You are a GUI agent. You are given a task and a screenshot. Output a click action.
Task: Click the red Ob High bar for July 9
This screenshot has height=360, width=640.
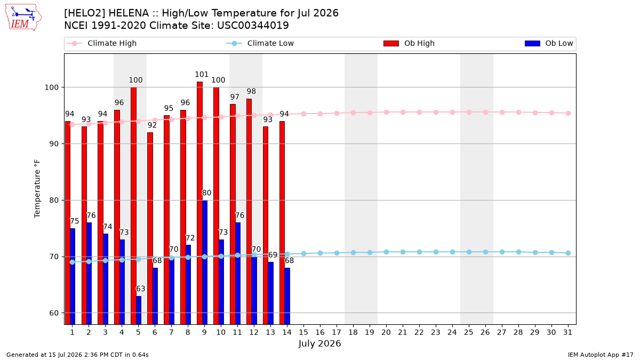[199, 203]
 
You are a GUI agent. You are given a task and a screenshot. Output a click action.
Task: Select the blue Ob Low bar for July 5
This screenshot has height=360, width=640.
[139, 310]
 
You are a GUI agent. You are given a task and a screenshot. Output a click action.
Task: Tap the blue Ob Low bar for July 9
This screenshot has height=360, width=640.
[205, 262]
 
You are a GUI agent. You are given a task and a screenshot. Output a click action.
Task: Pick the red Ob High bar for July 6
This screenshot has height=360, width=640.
[150, 228]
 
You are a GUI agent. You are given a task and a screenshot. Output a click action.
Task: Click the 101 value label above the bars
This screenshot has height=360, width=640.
[202, 75]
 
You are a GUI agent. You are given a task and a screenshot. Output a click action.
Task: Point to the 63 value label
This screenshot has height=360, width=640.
[141, 289]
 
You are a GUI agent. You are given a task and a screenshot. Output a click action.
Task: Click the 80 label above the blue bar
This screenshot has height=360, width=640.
[206, 193]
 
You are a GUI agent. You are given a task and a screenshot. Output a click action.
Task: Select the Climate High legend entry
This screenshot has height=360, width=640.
[101, 43]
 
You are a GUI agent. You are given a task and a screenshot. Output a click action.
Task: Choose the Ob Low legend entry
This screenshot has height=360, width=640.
[549, 43]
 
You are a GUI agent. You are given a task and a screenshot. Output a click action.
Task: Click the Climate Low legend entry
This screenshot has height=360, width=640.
[260, 43]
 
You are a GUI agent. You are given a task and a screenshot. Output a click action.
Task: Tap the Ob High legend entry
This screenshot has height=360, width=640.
[409, 43]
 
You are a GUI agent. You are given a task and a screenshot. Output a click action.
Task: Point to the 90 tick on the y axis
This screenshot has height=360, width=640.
[54, 143]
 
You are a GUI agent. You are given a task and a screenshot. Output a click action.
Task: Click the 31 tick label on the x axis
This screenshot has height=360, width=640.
[567, 332]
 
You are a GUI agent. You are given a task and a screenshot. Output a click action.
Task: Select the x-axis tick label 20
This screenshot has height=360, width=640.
[386, 332]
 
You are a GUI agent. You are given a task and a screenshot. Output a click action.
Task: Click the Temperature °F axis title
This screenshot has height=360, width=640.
[37, 189]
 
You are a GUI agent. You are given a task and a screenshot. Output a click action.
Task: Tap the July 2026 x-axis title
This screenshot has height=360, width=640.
[319, 343]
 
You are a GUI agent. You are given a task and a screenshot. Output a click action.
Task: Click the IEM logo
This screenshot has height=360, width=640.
[23, 18]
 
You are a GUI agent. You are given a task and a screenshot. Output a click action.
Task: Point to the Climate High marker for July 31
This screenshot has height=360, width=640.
[568, 114]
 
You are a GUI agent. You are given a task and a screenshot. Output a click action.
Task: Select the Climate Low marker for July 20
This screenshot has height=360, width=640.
[386, 252]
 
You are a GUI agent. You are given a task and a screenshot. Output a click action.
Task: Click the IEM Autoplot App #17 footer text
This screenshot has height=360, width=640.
[601, 355]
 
